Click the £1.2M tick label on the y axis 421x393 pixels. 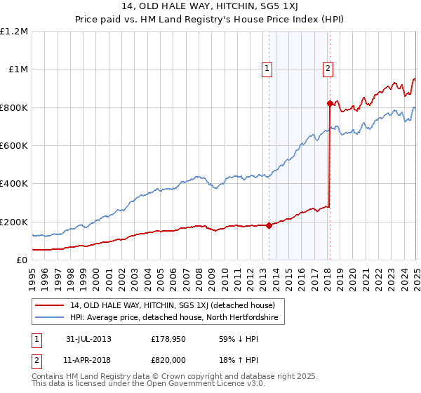15,32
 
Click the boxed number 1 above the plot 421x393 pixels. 268,68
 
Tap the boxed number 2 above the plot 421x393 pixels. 328,68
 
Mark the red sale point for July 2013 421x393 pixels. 269,225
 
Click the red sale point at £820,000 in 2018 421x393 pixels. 330,104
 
